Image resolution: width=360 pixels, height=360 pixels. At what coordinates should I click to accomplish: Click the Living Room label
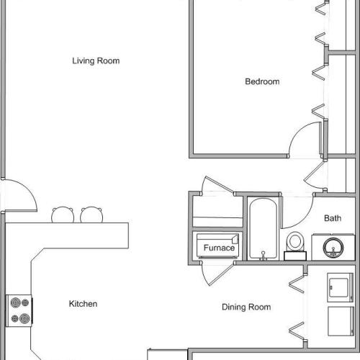[96, 61]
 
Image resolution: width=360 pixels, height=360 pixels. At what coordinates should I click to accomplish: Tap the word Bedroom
[262, 82]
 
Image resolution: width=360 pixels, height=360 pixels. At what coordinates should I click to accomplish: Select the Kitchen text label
[83, 305]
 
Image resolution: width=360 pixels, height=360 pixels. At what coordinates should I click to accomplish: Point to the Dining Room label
[246, 307]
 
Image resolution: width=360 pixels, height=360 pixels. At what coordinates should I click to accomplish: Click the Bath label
[332, 218]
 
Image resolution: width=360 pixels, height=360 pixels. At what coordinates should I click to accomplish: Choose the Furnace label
[219, 248]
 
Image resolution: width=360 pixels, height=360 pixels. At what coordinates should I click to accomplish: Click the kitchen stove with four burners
[19, 310]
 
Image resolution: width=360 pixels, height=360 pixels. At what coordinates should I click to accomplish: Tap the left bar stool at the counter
[62, 215]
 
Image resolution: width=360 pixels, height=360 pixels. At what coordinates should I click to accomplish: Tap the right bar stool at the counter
[91, 215]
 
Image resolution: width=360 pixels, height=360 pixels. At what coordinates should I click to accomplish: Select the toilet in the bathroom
[294, 243]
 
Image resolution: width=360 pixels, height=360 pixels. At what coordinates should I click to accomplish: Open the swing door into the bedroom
[306, 140]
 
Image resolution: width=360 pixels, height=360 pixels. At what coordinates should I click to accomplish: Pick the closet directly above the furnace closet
[216, 211]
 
